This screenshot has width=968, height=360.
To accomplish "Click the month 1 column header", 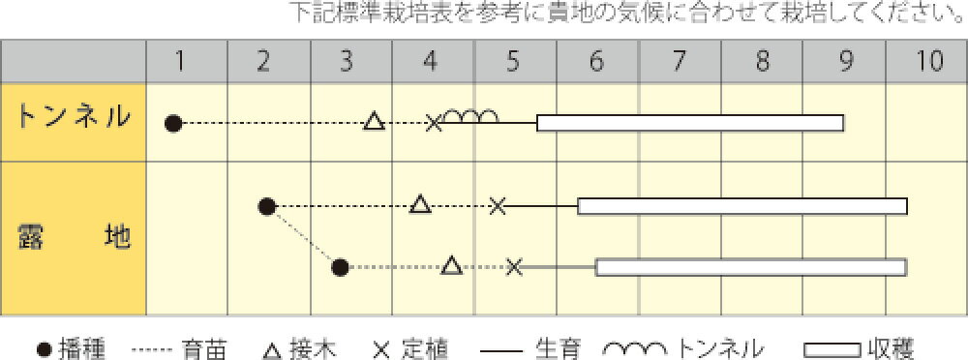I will [x=181, y=61].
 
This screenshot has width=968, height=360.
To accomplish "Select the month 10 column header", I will [x=928, y=61].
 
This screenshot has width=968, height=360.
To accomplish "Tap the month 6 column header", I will [x=595, y=61].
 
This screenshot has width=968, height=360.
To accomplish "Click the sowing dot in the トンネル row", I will [x=173, y=123].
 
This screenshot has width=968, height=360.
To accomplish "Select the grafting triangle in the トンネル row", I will [x=374, y=122].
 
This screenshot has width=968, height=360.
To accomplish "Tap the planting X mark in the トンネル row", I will [x=435, y=122].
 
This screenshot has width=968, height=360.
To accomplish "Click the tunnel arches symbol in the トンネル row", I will [x=472, y=116].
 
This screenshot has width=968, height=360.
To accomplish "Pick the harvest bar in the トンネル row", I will [x=689, y=123].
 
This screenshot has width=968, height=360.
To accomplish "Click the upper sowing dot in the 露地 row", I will [x=268, y=205].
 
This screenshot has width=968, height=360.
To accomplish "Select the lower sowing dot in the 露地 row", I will [x=339, y=266].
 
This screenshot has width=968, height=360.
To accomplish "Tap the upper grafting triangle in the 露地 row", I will [x=419, y=204].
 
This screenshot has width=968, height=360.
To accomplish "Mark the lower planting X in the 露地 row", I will [x=514, y=266].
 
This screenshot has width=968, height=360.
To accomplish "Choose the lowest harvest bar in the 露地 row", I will [x=750, y=266].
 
